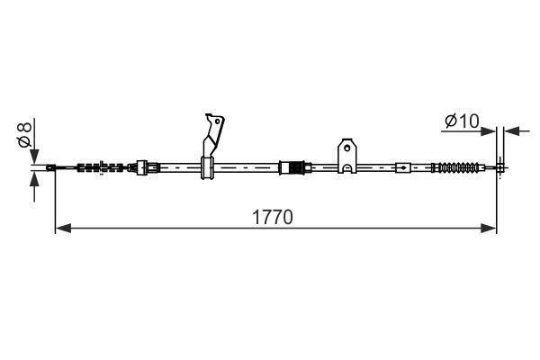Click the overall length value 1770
tap(273, 218)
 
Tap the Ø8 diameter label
tap(25, 134)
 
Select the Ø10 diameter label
tap(462, 121)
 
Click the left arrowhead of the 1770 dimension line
tap(63, 228)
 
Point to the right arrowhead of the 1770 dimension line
tap(489, 228)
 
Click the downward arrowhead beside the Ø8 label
tap(34, 157)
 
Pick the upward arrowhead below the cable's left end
tap(34, 179)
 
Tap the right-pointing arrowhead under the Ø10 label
tap(489, 131)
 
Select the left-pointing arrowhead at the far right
tap(511, 131)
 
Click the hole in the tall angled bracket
tap(217, 121)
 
